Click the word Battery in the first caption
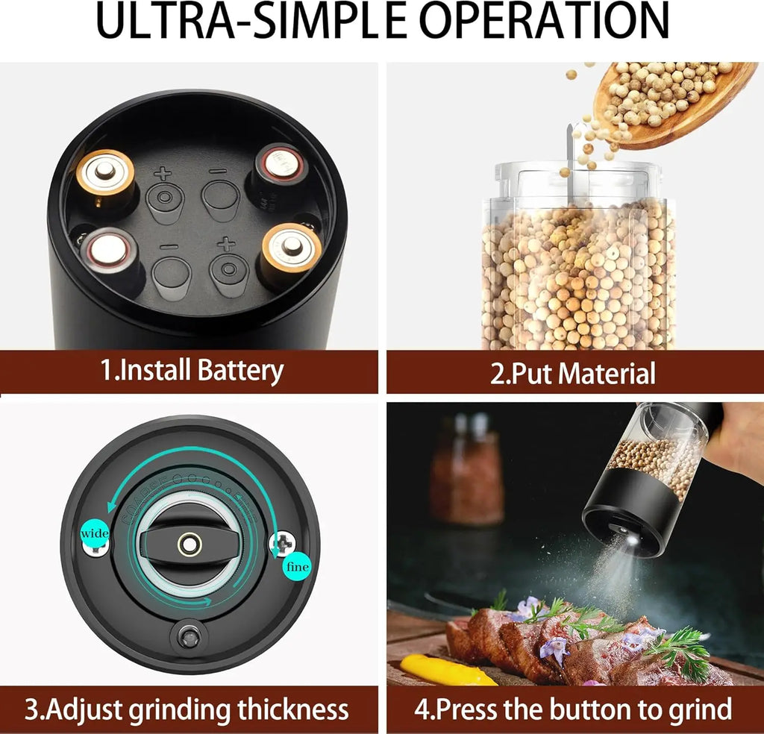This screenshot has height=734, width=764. (240, 371)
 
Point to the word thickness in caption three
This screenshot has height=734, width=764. (292, 709)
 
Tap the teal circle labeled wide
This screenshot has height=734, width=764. (95, 533)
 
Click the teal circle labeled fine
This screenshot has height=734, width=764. (297, 566)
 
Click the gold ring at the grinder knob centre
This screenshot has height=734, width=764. (190, 544)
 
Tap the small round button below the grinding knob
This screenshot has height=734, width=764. (190, 636)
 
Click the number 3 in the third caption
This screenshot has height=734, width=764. (31, 709)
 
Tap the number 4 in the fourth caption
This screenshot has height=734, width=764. (422, 709)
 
